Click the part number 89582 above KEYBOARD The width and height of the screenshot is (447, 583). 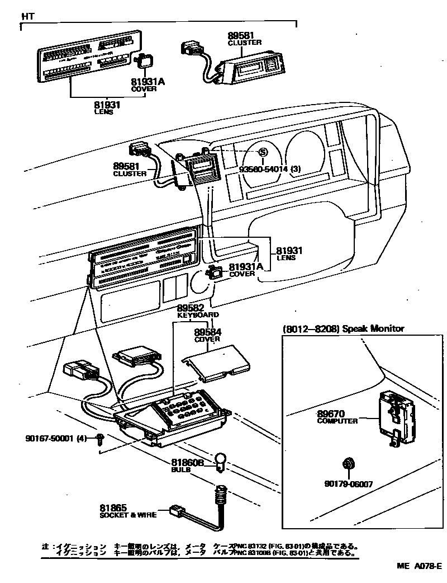[x=191, y=308]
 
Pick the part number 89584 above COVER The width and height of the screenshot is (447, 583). [x=207, y=332]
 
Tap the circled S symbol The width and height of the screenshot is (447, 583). [x=262, y=152]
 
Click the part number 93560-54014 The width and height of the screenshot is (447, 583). [x=265, y=169]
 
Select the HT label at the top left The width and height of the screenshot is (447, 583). [x=28, y=16]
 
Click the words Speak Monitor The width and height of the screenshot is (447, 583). [x=373, y=328]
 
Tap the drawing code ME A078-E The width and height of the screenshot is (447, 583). [x=420, y=566]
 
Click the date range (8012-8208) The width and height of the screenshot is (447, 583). [x=311, y=328]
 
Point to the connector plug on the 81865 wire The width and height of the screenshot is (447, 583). [x=177, y=510]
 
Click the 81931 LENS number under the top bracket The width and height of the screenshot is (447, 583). [x=107, y=104]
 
